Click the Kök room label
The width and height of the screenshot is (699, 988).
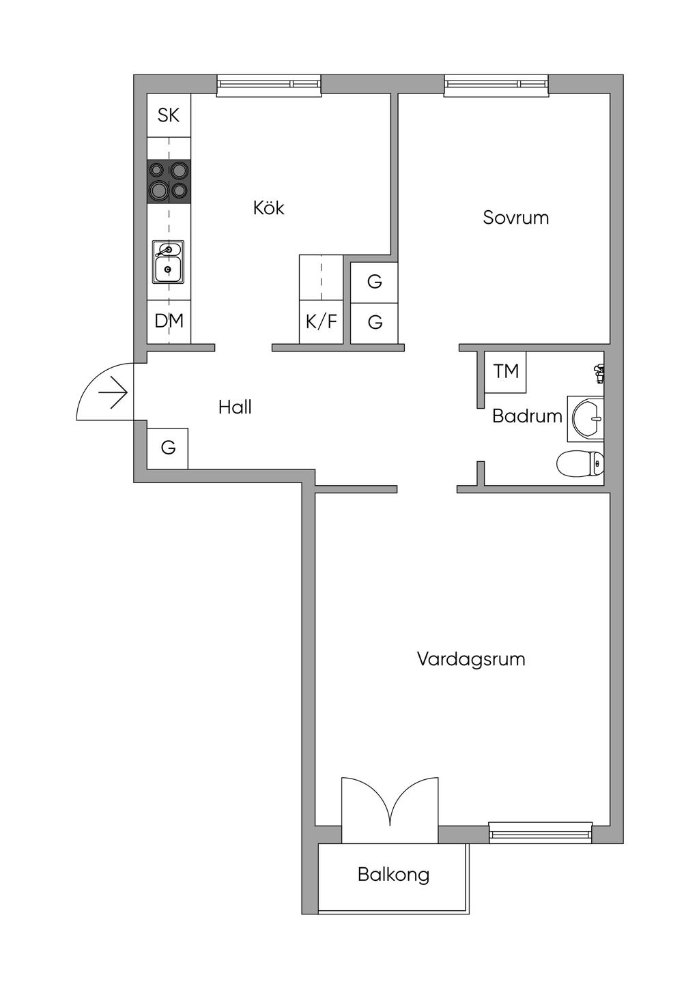click(x=268, y=207)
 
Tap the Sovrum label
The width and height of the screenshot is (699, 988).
click(x=515, y=218)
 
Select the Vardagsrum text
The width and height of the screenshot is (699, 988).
click(x=471, y=659)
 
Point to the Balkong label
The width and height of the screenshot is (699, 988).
click(x=393, y=874)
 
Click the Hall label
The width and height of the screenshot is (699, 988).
click(x=235, y=407)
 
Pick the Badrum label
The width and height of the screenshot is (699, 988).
click(x=527, y=416)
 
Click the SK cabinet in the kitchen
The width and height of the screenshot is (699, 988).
click(x=169, y=115)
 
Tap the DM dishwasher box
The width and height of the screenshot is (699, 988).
click(x=169, y=321)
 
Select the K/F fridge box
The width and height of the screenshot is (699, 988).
click(x=321, y=321)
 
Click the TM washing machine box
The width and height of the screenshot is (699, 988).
click(x=506, y=372)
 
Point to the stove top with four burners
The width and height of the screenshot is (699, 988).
click(x=169, y=181)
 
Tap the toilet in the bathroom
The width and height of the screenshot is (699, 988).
click(x=580, y=464)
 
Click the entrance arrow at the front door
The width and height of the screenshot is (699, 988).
click(x=113, y=394)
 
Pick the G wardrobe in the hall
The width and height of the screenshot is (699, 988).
click(x=168, y=448)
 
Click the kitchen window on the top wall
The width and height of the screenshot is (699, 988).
click(x=268, y=84)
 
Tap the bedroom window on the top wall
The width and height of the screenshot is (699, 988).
click(x=496, y=84)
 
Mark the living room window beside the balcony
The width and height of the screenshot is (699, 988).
click(x=541, y=832)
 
